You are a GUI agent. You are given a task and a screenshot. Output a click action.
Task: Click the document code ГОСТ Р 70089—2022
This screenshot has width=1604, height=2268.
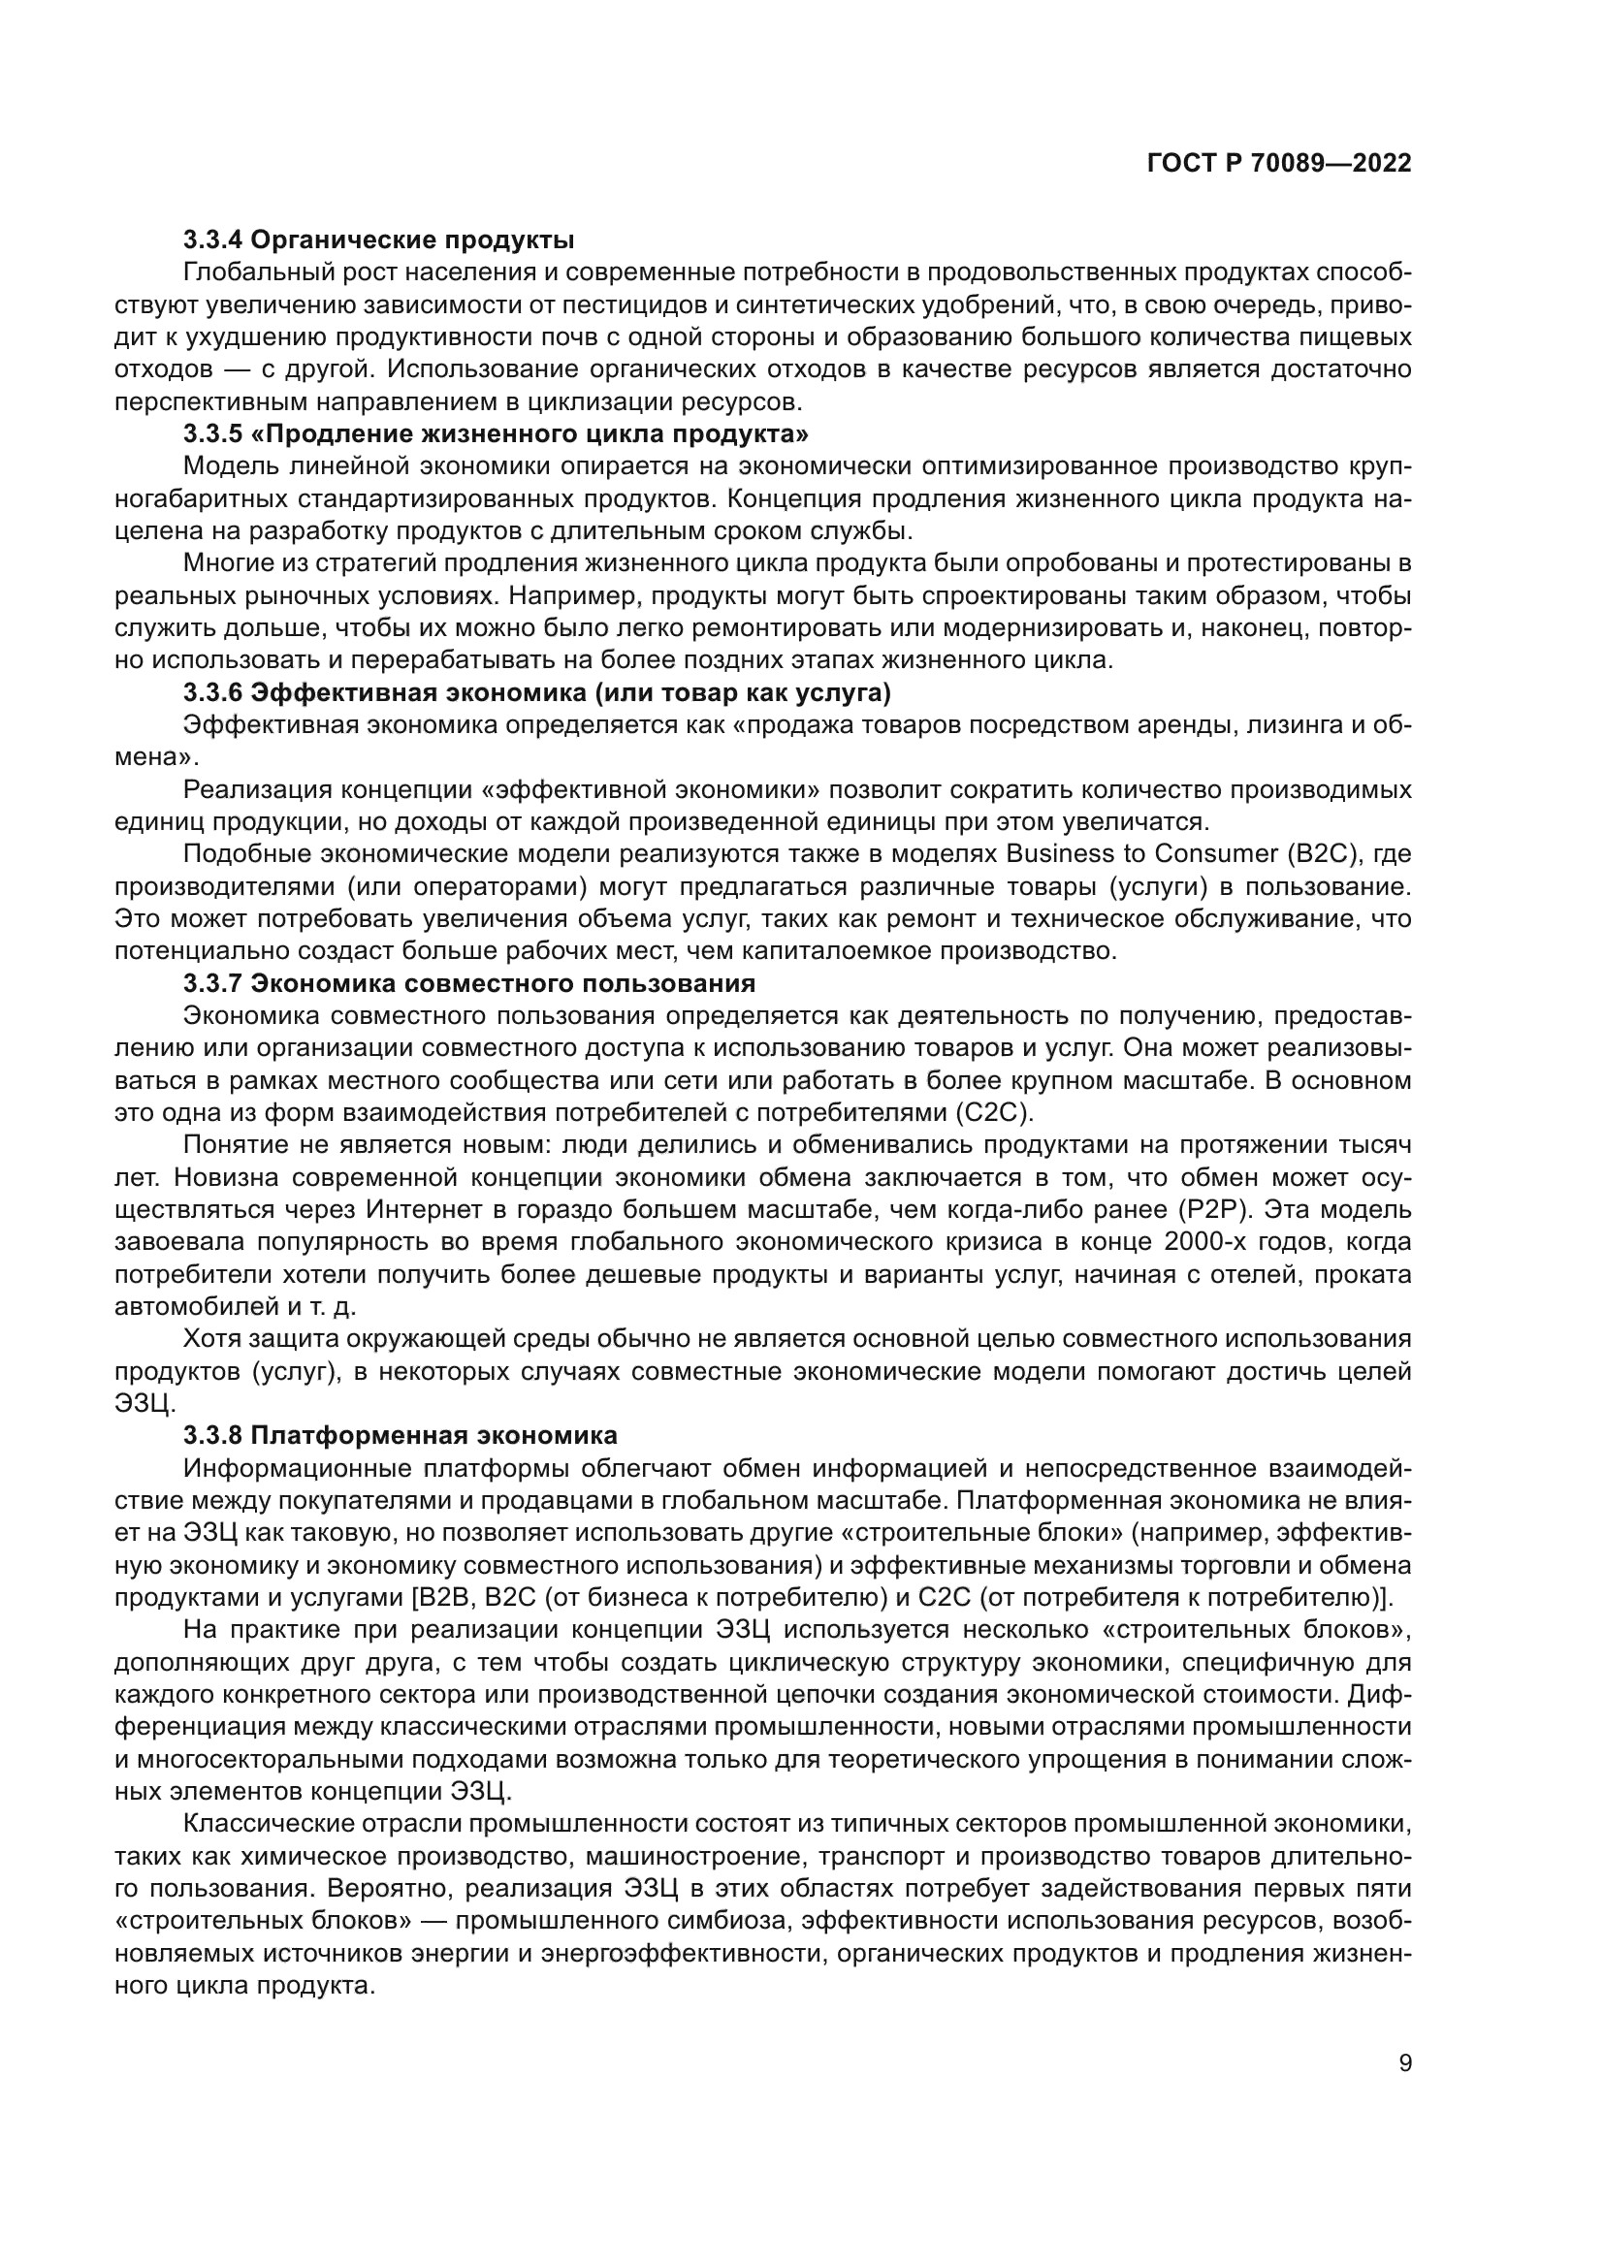pyautogui.click(x=1279, y=163)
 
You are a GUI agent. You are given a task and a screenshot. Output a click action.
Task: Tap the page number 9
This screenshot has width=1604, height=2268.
pyautogui.click(x=1405, y=2092)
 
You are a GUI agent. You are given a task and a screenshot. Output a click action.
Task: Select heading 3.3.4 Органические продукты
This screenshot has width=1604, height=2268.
pyautogui.click(x=378, y=240)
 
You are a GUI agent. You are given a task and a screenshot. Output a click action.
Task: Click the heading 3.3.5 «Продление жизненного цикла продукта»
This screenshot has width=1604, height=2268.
pyautogui.click(x=497, y=433)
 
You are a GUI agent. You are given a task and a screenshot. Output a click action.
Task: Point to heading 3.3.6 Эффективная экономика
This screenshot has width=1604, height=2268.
pyautogui.click(x=537, y=693)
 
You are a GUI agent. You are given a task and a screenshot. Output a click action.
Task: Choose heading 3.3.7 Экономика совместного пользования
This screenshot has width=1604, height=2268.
pyautogui.click(x=469, y=983)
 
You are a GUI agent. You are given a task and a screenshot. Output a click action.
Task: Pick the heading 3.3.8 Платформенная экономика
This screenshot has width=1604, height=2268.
pyautogui.click(x=400, y=1434)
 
